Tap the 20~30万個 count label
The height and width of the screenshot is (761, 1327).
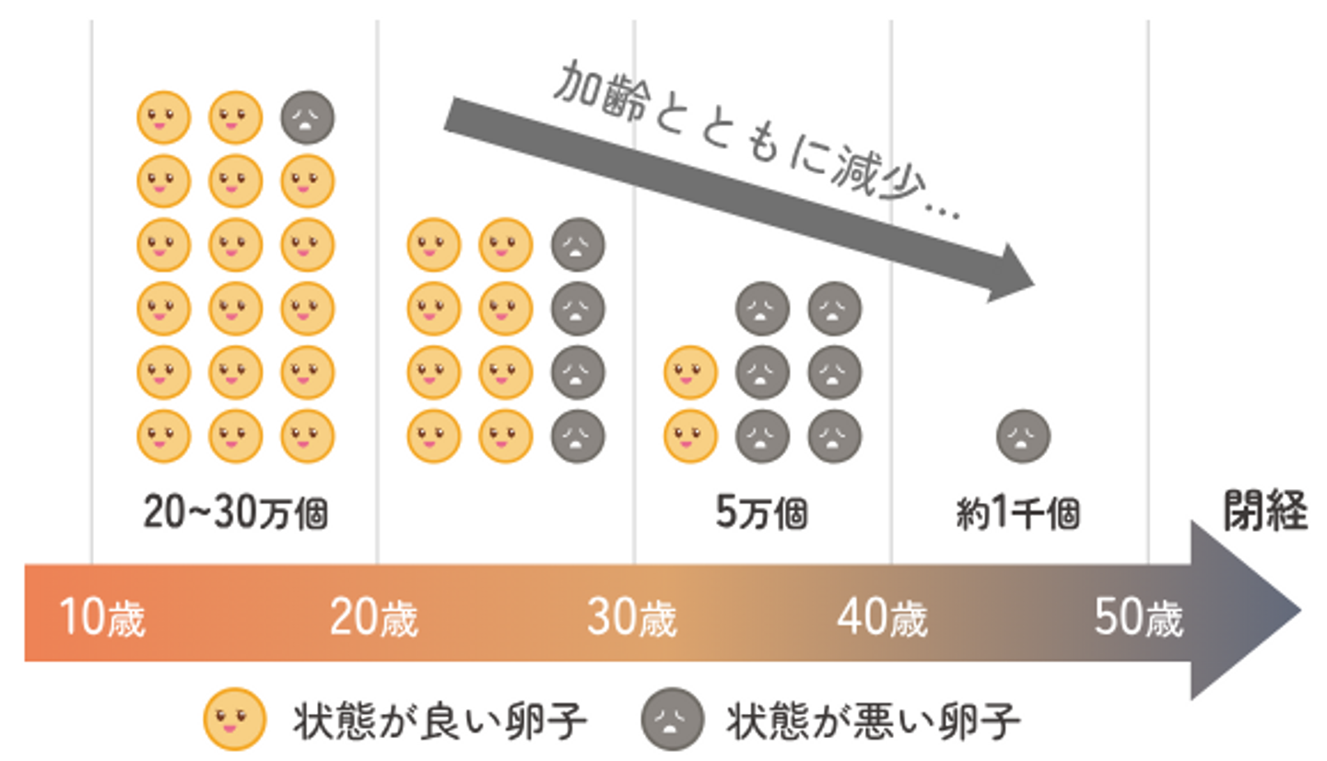click(x=235, y=513)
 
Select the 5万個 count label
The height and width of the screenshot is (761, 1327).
click(x=761, y=513)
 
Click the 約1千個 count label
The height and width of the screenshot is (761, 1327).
click(x=1017, y=513)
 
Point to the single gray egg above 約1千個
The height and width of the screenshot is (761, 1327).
click(x=1023, y=436)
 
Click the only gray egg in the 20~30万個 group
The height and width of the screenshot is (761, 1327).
click(x=308, y=118)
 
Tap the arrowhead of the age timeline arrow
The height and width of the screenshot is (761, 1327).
click(x=1244, y=610)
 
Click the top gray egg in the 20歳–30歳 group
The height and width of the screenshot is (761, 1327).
click(x=579, y=245)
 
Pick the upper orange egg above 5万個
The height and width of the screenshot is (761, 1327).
click(x=690, y=372)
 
